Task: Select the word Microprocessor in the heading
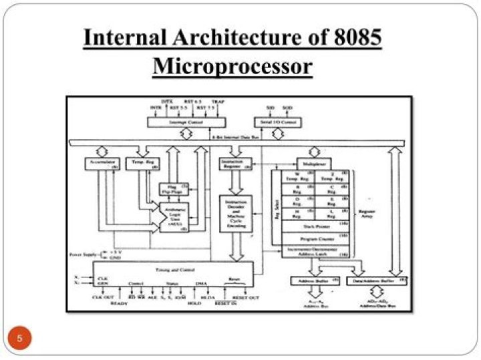pos(232,67)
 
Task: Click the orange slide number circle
pos(19,338)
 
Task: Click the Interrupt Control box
pos(186,122)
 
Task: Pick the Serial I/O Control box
pos(278,122)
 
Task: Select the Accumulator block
pos(102,162)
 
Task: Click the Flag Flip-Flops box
pos(173,189)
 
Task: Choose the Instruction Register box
pos(236,164)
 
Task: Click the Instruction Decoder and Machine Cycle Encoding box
pos(236,214)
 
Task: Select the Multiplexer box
pos(313,162)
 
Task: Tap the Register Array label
pos(367,214)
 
